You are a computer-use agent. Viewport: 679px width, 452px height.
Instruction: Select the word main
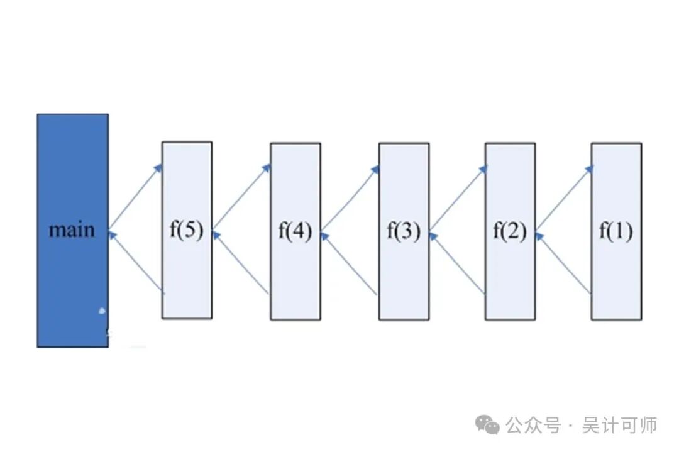(x=72, y=229)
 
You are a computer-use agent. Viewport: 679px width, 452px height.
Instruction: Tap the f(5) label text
(x=187, y=231)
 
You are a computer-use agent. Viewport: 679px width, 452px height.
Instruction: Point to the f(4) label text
(x=295, y=231)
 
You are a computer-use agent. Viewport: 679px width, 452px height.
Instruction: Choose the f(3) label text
(x=403, y=231)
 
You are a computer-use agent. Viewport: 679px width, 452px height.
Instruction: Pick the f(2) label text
(x=509, y=231)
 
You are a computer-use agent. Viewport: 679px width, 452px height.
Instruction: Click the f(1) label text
(x=616, y=231)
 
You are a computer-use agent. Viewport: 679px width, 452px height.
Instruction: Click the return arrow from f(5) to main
(x=136, y=263)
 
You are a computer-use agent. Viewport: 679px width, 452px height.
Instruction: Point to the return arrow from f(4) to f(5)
(x=242, y=263)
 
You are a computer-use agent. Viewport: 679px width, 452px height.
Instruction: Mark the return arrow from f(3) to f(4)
(x=350, y=263)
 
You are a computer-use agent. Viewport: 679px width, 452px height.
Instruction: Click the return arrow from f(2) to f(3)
(x=457, y=263)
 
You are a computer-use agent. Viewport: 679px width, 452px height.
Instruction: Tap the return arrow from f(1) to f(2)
(x=564, y=263)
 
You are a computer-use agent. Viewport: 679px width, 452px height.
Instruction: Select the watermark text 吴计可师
(x=619, y=426)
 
